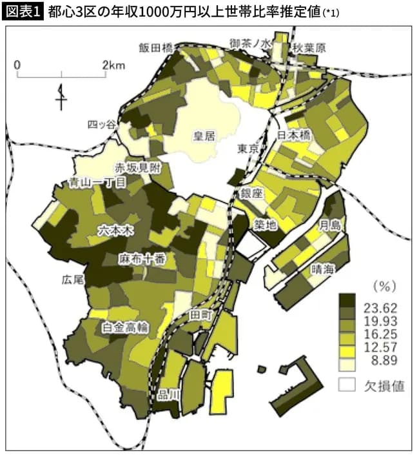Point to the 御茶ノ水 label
(252, 43)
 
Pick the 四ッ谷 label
(102, 124)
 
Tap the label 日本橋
(294, 136)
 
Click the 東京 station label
(248, 149)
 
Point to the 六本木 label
(113, 229)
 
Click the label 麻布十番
(142, 259)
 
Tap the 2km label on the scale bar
(113, 65)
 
